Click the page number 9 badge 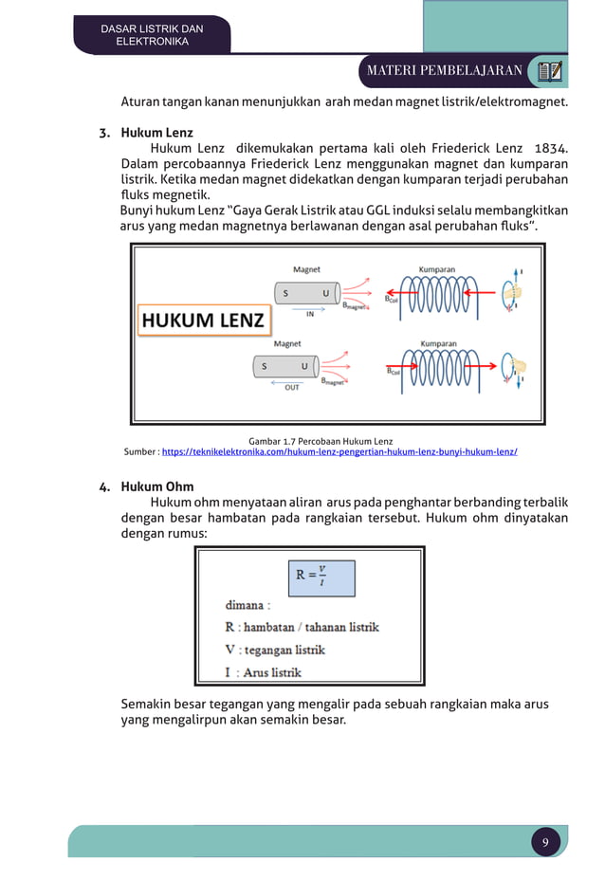(545, 842)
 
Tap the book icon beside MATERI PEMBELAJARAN (549, 70)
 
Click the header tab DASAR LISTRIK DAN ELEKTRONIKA (152, 35)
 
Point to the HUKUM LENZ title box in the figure (203, 320)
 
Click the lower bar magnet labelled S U (285, 366)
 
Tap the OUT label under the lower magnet (293, 388)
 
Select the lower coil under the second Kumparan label (443, 366)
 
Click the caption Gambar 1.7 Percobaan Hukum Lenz (320, 441)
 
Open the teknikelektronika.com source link (339, 452)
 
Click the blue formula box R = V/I (322, 577)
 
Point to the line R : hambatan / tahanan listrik (302, 626)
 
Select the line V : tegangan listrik (275, 650)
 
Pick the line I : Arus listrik (264, 672)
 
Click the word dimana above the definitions (247, 603)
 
